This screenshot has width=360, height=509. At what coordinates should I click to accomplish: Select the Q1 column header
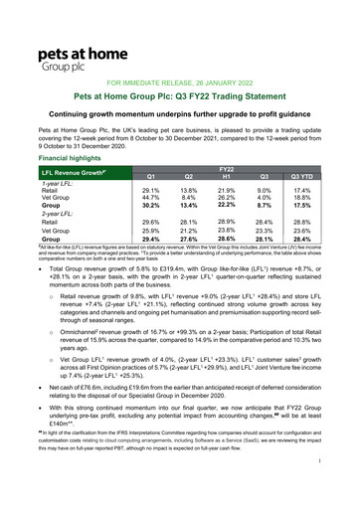(152, 175)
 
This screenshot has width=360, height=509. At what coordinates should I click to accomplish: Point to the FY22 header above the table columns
(236, 169)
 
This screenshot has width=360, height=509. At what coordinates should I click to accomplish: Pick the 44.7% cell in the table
(152, 197)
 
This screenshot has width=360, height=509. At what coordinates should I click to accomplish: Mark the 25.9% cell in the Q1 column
(152, 231)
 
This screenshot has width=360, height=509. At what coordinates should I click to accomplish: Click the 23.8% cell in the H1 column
(236, 230)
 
